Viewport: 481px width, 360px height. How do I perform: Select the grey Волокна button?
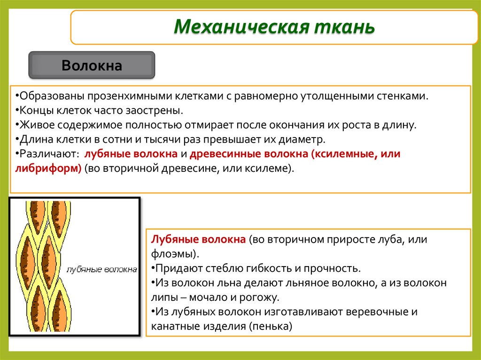92,65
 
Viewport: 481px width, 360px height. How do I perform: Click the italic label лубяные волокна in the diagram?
102,269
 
